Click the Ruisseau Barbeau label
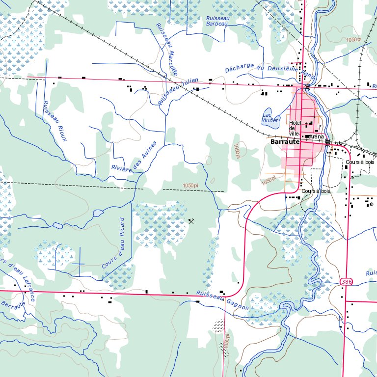pyautogui.click(x=217, y=21)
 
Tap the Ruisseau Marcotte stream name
pyautogui.click(x=166, y=49)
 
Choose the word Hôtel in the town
pyautogui.click(x=295, y=123)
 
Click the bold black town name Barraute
pyautogui.click(x=285, y=141)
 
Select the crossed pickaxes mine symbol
pyautogui.click(x=191, y=221)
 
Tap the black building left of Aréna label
pyautogui.click(x=307, y=136)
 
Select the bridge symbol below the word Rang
pyautogui.click(x=307, y=86)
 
